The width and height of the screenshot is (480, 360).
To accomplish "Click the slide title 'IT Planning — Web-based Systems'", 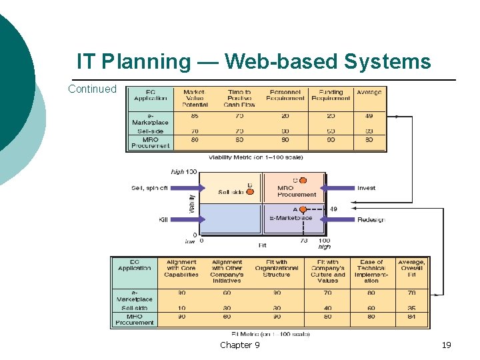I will coord(253,62).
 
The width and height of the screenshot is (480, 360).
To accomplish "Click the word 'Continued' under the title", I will coord(92,89).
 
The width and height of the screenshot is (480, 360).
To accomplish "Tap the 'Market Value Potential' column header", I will coord(194,98).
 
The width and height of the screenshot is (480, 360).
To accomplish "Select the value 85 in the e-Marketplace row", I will coord(194,116).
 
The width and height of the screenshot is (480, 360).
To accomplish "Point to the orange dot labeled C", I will coord(303,180).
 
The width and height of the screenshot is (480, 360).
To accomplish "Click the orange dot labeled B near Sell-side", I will coord(250,192).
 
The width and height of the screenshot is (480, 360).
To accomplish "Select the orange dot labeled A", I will coord(303,209).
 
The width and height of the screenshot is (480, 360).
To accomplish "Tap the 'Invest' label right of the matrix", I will coord(366,188).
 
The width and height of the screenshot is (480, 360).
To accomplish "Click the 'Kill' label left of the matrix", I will coord(163,219).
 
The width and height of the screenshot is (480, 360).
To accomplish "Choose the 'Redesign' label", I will coord(371,219).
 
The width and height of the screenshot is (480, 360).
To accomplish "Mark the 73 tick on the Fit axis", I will coord(304,241).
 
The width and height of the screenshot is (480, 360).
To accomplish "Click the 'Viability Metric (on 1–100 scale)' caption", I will coord(255,157).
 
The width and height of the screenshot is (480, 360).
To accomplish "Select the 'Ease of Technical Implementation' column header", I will coord(371,271).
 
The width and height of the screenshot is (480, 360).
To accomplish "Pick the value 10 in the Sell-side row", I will coord(181,308).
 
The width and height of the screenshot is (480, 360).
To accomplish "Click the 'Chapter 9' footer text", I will coord(240,345).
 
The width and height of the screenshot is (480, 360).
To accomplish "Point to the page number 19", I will coord(446,345).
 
